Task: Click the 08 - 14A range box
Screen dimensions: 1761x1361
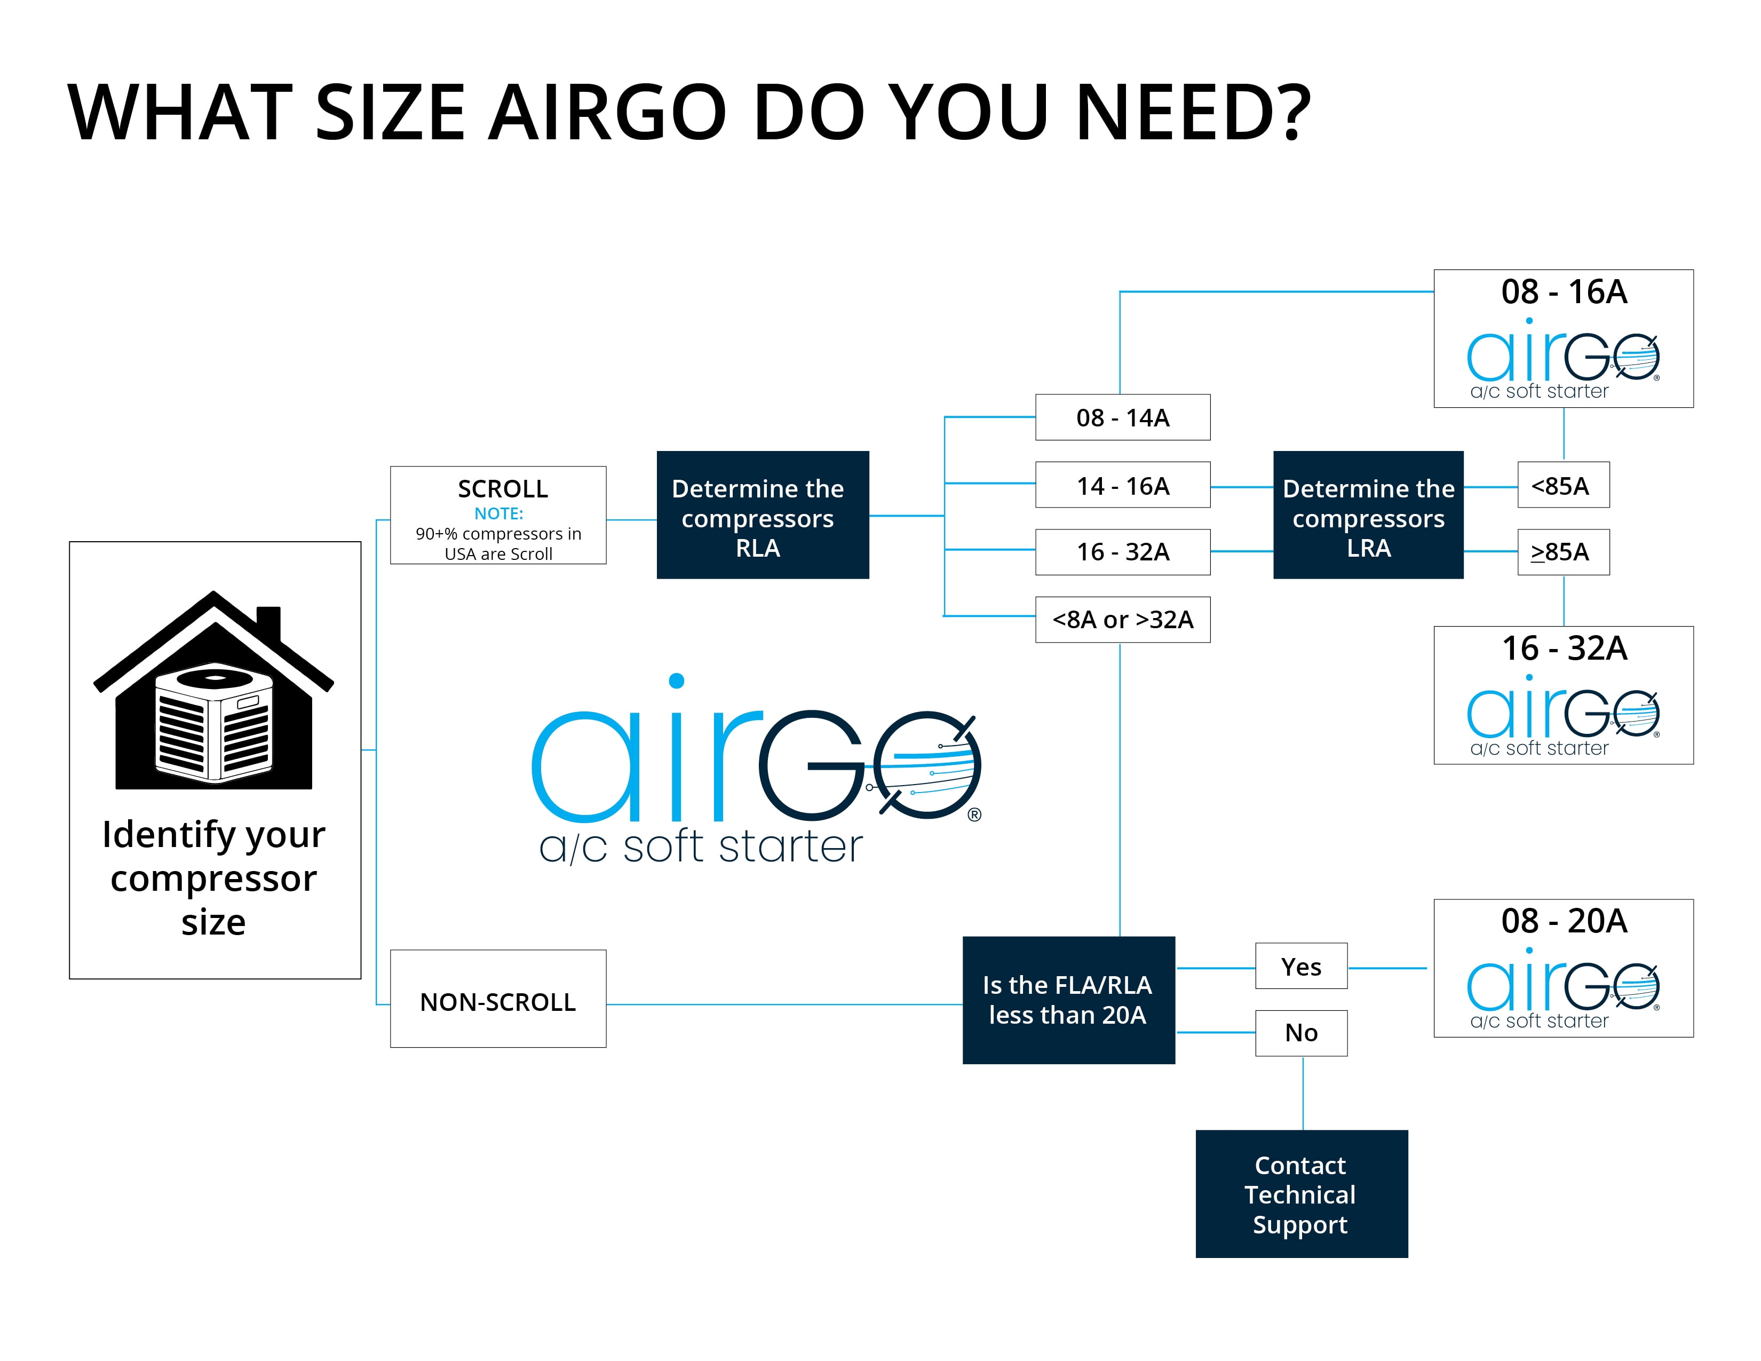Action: tap(1122, 417)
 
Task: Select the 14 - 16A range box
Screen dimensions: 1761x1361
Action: tap(1122, 485)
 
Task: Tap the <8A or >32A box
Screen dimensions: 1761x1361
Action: tap(1122, 619)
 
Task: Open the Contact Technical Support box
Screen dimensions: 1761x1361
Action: tap(1302, 1194)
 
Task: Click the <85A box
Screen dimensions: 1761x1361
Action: tap(1564, 485)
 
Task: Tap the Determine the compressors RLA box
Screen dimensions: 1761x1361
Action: tap(763, 515)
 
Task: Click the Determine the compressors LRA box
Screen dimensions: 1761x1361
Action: tap(1368, 515)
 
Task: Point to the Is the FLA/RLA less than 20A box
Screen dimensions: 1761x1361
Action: tap(1068, 1000)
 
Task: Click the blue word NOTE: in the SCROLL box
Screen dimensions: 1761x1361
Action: tap(498, 513)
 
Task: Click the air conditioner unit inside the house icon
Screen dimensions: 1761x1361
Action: tap(213, 723)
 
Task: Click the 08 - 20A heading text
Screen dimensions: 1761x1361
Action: tap(1564, 921)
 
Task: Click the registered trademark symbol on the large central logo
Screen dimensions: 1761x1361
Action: tap(974, 814)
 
